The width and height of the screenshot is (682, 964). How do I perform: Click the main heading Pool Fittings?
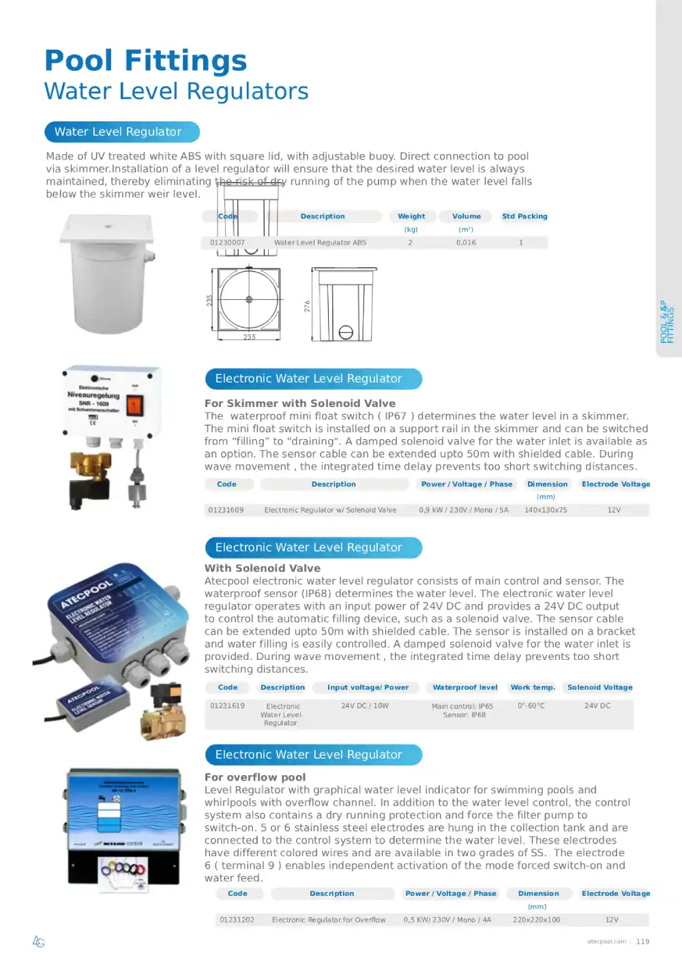click(145, 61)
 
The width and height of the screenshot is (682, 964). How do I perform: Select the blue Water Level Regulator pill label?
click(122, 132)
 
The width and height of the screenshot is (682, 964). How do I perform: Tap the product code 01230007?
click(227, 243)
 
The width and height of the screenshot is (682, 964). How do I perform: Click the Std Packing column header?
click(524, 216)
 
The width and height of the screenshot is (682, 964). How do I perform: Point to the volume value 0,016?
click(466, 243)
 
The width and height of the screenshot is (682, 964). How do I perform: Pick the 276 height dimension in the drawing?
click(307, 306)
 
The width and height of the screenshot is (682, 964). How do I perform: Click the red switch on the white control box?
click(134, 406)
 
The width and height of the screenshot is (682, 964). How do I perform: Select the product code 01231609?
click(226, 510)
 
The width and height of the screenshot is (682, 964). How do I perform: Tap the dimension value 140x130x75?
click(546, 510)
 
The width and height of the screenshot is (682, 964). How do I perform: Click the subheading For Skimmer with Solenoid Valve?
click(300, 404)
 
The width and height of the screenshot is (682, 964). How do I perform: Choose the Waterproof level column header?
click(465, 687)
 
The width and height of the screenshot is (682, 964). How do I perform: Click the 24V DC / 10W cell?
click(365, 706)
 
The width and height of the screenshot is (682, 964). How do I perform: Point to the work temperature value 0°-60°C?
click(531, 706)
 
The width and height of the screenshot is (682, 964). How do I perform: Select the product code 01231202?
click(237, 920)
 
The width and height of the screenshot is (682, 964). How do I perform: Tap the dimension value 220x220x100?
click(537, 920)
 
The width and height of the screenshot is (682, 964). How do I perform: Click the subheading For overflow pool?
click(255, 777)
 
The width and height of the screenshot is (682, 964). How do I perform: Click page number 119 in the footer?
click(642, 942)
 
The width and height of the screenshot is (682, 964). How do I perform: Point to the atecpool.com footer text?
click(606, 942)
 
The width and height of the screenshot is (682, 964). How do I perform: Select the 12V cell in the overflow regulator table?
click(612, 920)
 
